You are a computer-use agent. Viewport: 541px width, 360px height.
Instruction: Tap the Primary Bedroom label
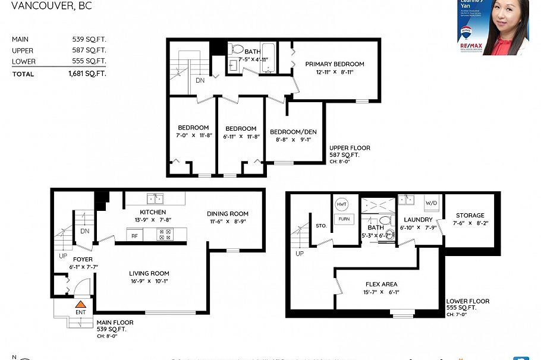(335, 64)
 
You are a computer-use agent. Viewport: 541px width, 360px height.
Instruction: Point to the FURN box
(344, 219)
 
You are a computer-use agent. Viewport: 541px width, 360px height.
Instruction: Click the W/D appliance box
(431, 201)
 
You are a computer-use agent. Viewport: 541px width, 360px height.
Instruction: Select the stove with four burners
(164, 235)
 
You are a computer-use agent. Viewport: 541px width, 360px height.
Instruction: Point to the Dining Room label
(228, 214)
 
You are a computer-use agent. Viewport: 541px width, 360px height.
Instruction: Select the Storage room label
(470, 216)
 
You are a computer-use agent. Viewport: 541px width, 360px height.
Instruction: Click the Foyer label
(82, 260)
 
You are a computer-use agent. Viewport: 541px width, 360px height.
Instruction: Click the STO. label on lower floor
(321, 226)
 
